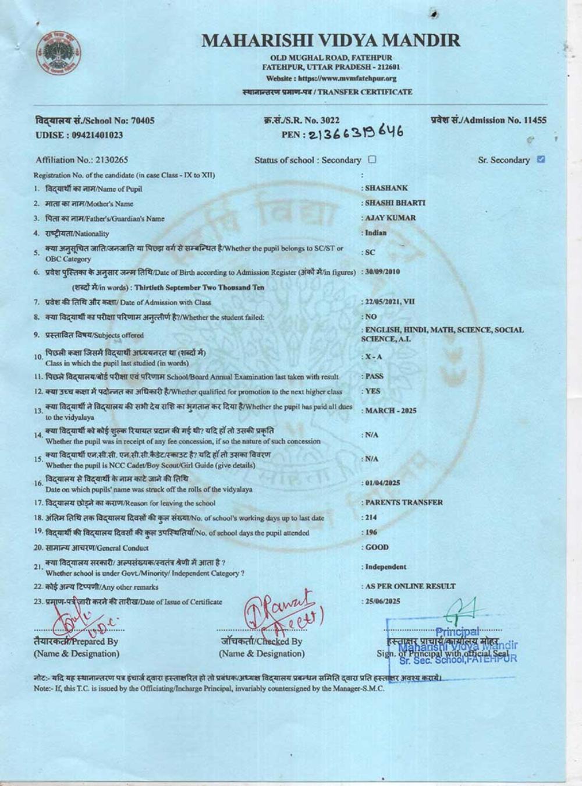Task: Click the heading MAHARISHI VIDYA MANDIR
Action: click(x=331, y=41)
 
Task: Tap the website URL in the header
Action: click(x=331, y=79)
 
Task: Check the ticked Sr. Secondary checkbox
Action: click(x=541, y=159)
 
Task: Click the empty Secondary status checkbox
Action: click(x=372, y=160)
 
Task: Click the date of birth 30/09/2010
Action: click(x=382, y=271)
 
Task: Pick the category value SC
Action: click(x=370, y=252)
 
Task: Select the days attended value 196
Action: click(x=371, y=532)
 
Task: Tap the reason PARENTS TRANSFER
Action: click(x=404, y=502)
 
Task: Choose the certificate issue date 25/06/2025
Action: click(x=382, y=601)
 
